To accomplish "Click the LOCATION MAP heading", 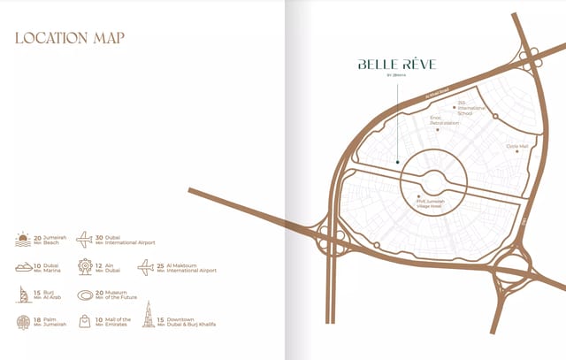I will [69, 38].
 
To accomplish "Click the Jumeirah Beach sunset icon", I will [23, 239].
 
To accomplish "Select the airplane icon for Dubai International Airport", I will [85, 239].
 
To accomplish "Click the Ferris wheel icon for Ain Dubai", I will [85, 266].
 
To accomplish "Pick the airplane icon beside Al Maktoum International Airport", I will [146, 266].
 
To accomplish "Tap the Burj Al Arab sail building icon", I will [23, 295].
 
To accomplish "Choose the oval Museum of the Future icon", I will [85, 295].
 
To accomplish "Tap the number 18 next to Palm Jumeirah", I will [37, 319].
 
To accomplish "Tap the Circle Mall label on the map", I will [517, 147].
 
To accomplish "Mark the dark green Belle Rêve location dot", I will [398, 162].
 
